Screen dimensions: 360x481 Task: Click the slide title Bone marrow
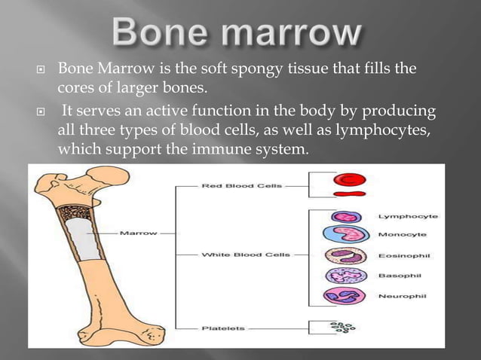pos(240,33)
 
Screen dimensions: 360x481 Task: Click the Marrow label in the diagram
pos(139,233)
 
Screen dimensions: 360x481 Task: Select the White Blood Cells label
pos(236,255)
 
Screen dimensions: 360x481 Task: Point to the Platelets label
pos(220,327)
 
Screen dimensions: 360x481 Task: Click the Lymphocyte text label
pos(408,216)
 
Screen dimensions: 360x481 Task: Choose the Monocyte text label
pos(404,235)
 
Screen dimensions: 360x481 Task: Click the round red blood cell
pos(349,179)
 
